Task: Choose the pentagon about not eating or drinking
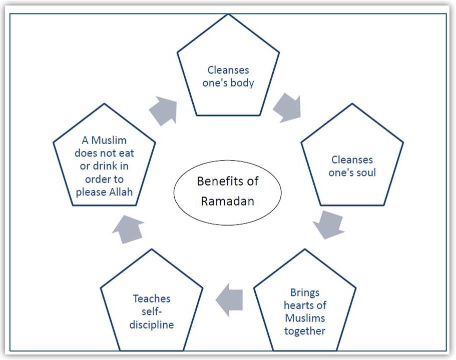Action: coord(104,160)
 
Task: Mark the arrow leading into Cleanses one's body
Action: coord(164,109)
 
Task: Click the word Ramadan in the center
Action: coord(228,201)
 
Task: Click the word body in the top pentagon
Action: coord(241,83)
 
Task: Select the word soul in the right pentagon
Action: coord(364,172)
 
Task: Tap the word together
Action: coord(305,330)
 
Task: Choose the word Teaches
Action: coord(152,298)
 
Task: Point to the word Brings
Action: coord(305,292)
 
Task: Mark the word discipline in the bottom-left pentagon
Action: coord(152,324)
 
